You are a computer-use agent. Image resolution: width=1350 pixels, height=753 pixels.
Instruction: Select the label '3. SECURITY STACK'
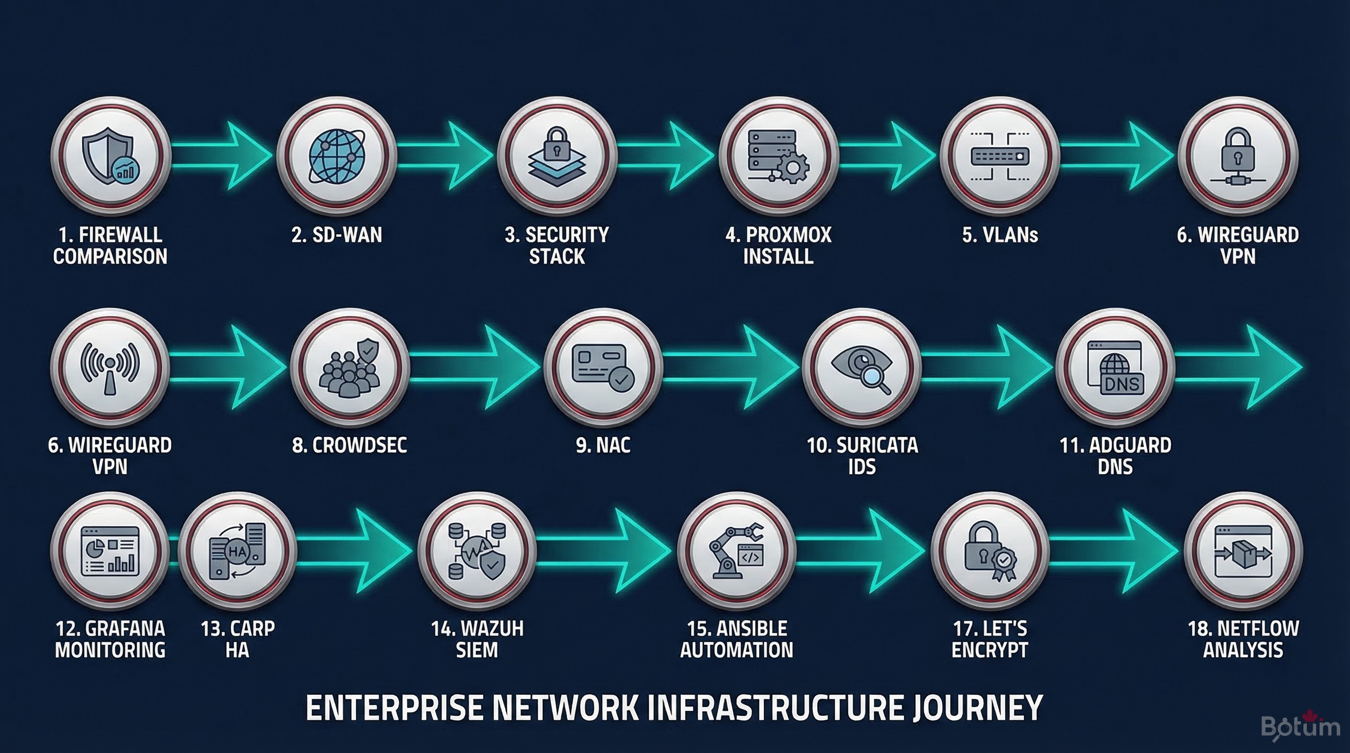click(x=557, y=245)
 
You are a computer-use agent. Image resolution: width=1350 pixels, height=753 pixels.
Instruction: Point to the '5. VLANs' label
click(x=1000, y=235)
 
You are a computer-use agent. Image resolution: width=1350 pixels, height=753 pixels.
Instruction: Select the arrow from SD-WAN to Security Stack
click(x=445, y=155)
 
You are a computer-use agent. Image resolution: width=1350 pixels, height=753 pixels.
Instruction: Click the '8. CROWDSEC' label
click(x=349, y=445)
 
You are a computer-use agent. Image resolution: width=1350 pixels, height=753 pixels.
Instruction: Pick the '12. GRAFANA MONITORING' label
click(x=110, y=639)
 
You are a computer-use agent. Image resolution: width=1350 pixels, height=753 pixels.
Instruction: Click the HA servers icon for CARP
click(x=237, y=551)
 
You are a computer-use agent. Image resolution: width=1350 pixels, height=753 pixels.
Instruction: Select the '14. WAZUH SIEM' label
click(x=477, y=639)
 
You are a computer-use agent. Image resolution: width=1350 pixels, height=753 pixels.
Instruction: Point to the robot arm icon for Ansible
click(x=736, y=551)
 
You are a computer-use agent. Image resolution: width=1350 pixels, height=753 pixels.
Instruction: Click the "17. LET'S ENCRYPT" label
click(x=989, y=639)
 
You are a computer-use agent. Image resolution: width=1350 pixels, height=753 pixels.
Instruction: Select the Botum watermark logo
click(x=1299, y=727)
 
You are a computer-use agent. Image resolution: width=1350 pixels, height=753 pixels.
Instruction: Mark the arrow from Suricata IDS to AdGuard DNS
click(x=985, y=367)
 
